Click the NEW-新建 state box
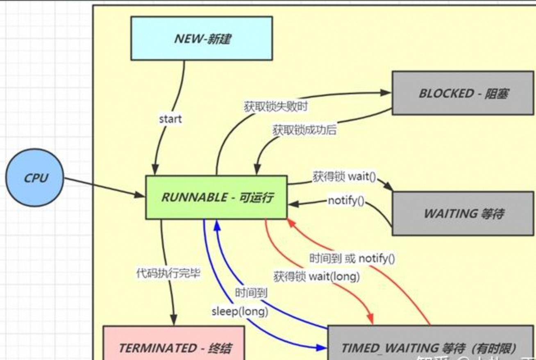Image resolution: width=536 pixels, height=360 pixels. (x=201, y=39)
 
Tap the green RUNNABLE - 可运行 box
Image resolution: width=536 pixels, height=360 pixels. (x=216, y=197)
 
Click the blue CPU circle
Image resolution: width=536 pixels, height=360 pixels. (x=35, y=178)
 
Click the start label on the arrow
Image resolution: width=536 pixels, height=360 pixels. (x=170, y=119)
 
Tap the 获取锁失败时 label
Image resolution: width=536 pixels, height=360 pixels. (x=276, y=107)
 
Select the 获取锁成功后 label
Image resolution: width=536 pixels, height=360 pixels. (x=304, y=130)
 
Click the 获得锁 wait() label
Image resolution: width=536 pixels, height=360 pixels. (x=344, y=177)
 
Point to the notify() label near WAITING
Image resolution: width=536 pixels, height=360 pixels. (x=346, y=201)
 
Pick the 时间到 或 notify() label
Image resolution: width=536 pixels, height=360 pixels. (x=352, y=258)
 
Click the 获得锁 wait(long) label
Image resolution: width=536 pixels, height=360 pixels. (x=316, y=276)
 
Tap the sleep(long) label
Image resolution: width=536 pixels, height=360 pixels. (x=240, y=311)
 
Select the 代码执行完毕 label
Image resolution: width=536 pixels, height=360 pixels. (x=168, y=273)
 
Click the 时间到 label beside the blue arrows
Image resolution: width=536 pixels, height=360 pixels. (x=251, y=293)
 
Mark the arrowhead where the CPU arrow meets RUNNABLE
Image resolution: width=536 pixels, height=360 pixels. (x=141, y=196)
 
